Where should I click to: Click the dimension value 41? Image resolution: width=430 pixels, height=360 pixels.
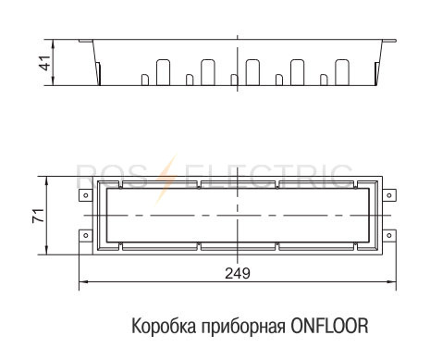click(46, 63)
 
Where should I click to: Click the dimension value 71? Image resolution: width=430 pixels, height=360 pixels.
click(39, 216)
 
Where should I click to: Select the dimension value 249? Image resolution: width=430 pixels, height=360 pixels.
click(238, 273)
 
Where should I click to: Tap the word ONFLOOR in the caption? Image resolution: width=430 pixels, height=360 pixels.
click(329, 326)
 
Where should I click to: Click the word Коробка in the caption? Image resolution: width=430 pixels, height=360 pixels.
click(164, 326)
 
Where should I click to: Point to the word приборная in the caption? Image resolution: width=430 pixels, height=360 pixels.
click(243, 328)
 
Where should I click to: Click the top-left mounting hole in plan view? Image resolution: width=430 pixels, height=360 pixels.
click(86, 195)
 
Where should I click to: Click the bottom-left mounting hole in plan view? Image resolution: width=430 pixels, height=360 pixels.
click(86, 235)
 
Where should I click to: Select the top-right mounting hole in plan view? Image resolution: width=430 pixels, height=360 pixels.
click(389, 195)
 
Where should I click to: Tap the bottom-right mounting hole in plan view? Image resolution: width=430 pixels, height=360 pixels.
click(389, 235)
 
